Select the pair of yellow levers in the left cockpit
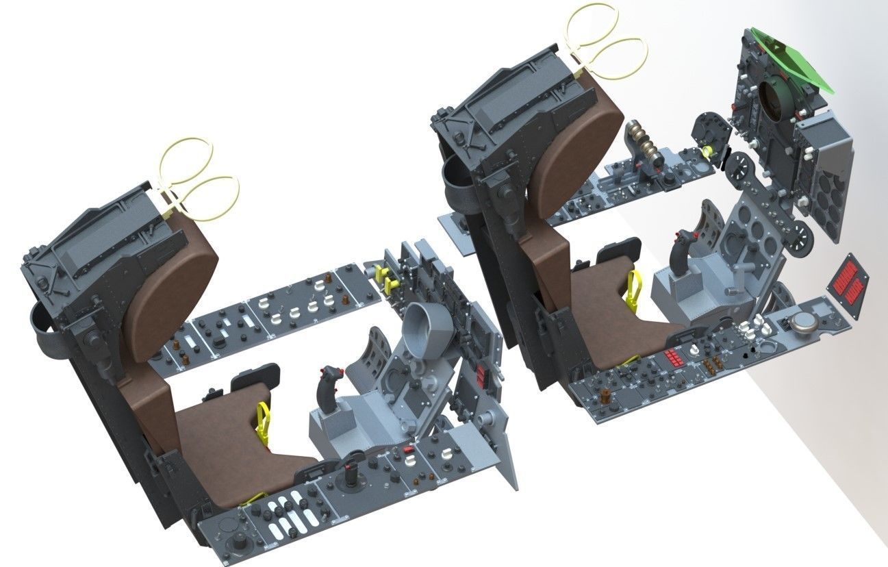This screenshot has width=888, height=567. pos(389,280)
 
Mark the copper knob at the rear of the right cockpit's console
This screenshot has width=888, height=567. pos(605,396)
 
